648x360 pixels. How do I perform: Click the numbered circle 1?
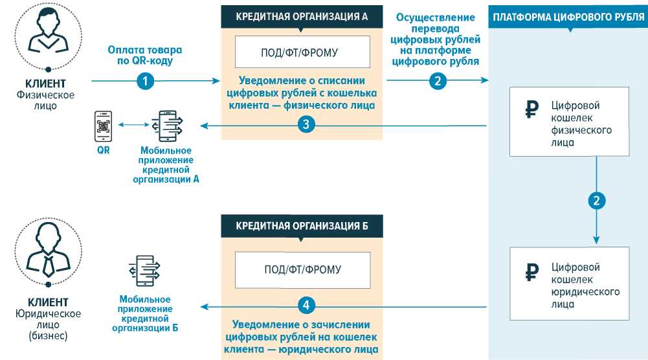[146, 81]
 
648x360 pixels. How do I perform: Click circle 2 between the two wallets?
[596, 201]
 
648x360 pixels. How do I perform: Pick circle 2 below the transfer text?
[438, 81]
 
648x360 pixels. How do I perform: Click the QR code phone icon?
[103, 126]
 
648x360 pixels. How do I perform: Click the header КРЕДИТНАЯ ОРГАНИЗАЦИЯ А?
[302, 17]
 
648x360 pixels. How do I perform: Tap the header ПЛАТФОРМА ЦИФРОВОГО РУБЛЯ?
[568, 17]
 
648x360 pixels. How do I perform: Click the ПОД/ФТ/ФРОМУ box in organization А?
[302, 52]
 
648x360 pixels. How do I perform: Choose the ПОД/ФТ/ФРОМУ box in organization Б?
[302, 269]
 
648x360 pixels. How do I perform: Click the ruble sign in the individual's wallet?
[531, 111]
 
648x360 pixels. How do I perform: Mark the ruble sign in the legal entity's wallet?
[531, 273]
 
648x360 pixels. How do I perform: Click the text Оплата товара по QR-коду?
[145, 56]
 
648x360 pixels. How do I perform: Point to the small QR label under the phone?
[102, 150]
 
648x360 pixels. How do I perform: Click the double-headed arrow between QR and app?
[131, 126]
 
